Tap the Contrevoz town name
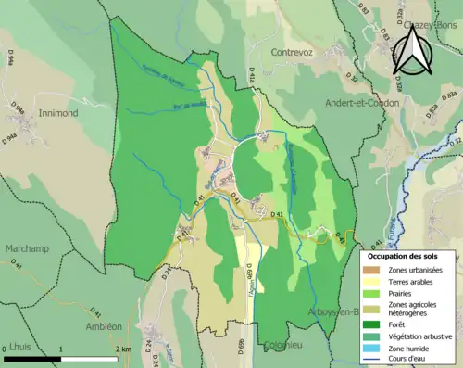[x=294, y=54]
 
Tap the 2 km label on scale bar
[x=122, y=349]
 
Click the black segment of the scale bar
[x=33, y=358]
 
